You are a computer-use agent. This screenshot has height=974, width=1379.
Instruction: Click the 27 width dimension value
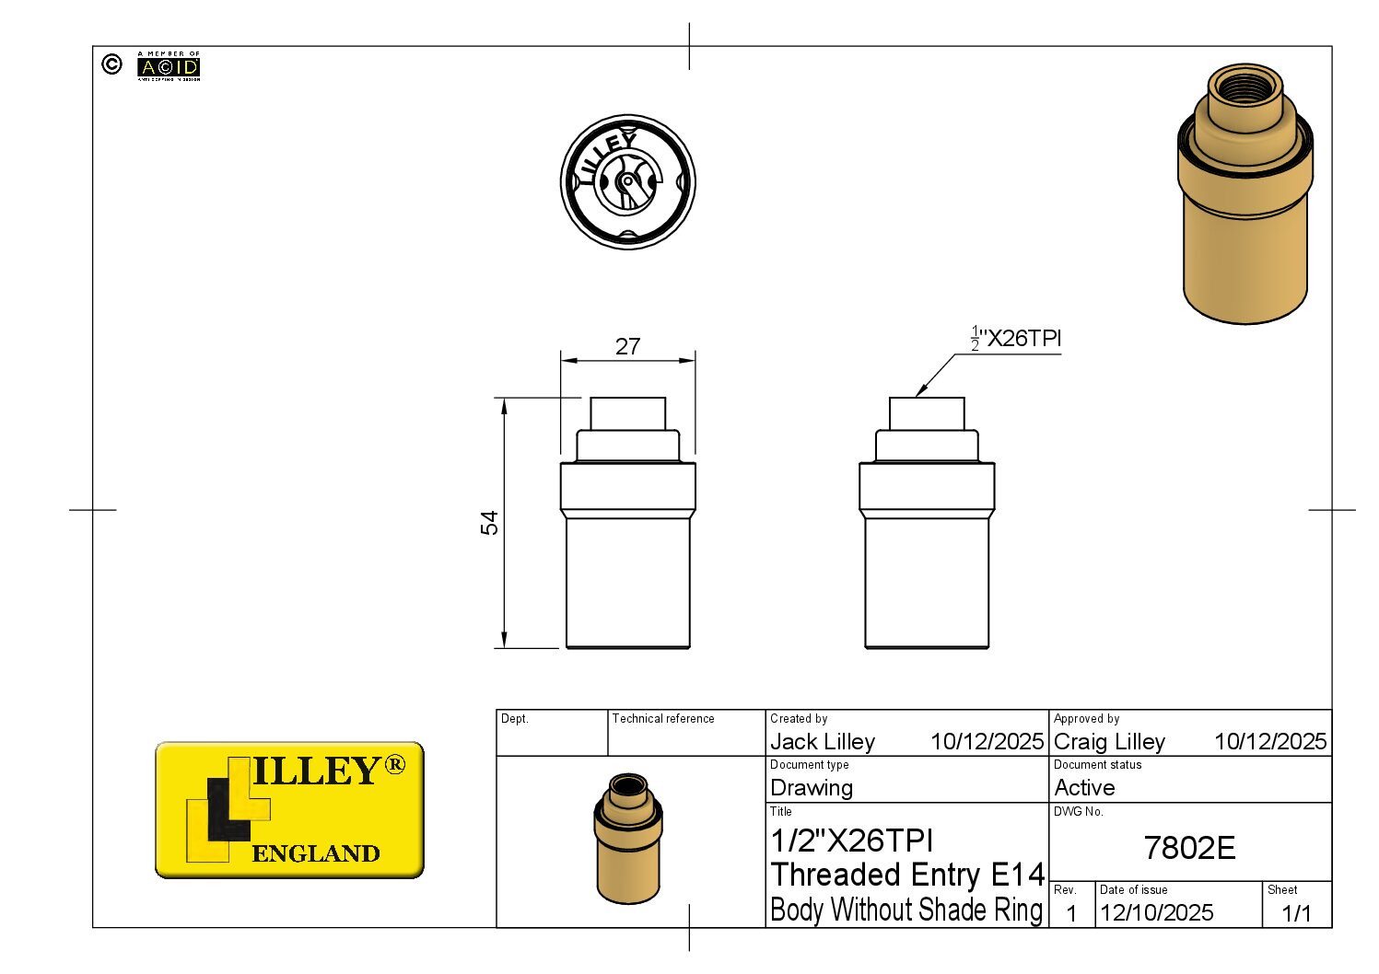[627, 346]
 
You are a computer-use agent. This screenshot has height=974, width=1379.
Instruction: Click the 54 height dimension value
[489, 522]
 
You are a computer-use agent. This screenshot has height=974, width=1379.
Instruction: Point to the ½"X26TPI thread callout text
[1017, 339]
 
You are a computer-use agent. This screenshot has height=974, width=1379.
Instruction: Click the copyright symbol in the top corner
[111, 64]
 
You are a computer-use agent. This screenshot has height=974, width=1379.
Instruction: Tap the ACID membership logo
[169, 66]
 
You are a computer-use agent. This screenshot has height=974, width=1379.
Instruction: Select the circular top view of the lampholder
[627, 181]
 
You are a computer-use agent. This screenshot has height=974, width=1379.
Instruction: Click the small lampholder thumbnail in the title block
[628, 838]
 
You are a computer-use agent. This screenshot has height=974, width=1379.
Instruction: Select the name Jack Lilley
[823, 741]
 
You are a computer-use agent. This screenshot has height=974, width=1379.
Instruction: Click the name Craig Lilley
[1109, 741]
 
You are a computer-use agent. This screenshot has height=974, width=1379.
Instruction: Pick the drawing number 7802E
[1189, 848]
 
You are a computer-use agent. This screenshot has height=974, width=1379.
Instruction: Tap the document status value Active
[1084, 788]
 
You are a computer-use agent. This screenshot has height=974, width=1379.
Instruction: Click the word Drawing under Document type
[812, 788]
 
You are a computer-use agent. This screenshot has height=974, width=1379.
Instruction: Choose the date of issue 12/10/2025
[1156, 912]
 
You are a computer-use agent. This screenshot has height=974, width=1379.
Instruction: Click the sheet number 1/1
[1296, 912]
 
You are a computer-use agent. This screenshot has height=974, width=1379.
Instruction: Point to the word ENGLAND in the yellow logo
[315, 853]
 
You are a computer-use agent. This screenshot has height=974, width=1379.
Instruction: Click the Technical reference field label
[663, 719]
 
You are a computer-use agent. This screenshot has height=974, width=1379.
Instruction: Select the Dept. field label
[514, 719]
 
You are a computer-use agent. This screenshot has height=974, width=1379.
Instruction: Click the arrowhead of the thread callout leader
[920, 393]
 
